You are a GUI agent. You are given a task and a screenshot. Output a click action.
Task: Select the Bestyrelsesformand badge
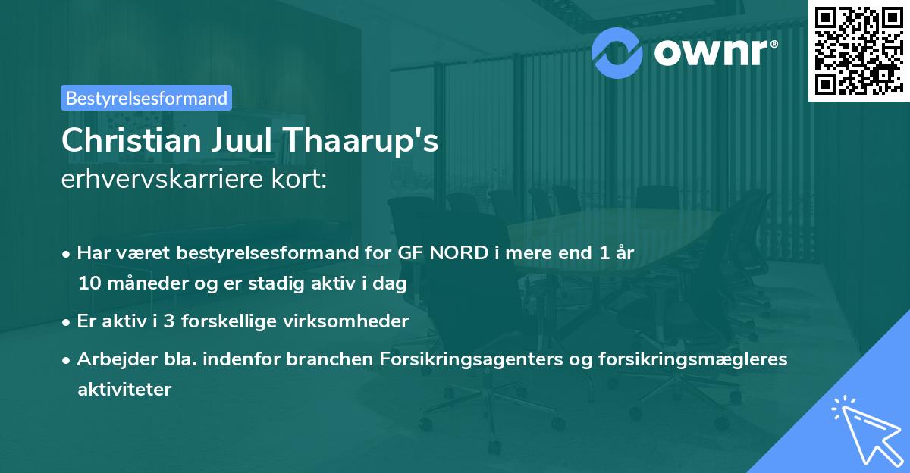point(146,98)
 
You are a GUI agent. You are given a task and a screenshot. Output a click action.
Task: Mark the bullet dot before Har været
point(68,254)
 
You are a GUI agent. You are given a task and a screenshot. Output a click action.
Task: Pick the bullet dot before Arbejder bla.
point(68,360)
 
